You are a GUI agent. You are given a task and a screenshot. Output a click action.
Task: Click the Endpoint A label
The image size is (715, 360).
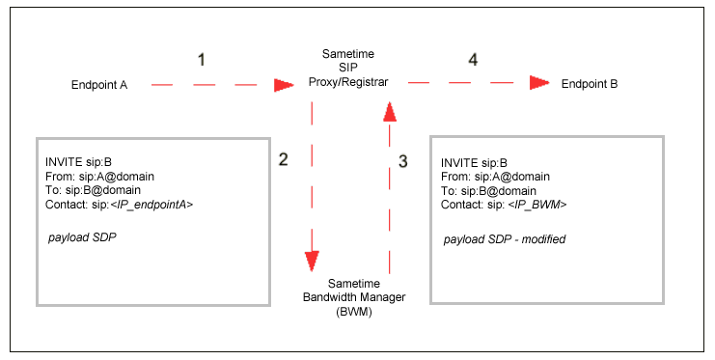pos(99,85)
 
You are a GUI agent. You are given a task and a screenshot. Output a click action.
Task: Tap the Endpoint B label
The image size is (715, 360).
pos(590,84)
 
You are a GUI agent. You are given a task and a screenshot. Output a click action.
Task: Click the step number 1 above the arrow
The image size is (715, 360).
pos(201,60)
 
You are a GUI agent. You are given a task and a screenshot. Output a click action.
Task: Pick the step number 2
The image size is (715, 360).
pos(283,159)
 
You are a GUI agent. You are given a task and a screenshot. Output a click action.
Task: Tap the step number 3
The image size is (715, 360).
pos(403,161)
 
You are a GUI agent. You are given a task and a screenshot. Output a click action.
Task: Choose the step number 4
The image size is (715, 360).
pos(472,60)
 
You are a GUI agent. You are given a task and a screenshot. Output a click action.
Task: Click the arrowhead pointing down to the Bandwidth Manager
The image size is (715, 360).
pos(312,261)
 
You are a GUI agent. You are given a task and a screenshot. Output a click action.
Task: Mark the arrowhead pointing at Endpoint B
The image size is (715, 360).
pos(540,84)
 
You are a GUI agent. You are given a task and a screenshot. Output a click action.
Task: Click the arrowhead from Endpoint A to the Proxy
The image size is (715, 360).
pos(283,85)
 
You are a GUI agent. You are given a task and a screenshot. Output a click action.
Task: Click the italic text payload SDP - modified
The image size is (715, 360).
pos(505,238)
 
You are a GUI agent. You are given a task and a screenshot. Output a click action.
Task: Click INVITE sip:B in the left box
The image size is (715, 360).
pos(78,161)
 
